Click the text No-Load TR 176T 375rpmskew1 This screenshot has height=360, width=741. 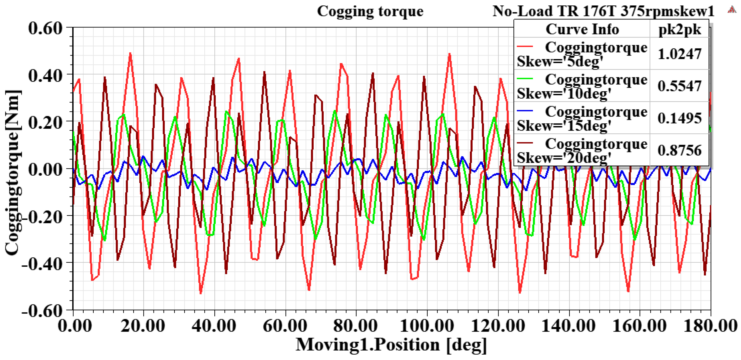click(603, 11)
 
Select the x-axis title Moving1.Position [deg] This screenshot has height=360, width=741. click(391, 345)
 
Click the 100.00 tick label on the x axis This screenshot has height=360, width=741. click(427, 326)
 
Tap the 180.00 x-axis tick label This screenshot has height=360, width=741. click(710, 326)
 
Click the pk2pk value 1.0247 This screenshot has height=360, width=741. click(680, 54)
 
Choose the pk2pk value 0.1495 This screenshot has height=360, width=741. click(680, 118)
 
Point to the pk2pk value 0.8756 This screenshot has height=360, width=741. click(680, 150)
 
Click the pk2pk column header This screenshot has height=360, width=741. click(680, 29)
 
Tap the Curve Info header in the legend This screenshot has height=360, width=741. click(582, 29)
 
